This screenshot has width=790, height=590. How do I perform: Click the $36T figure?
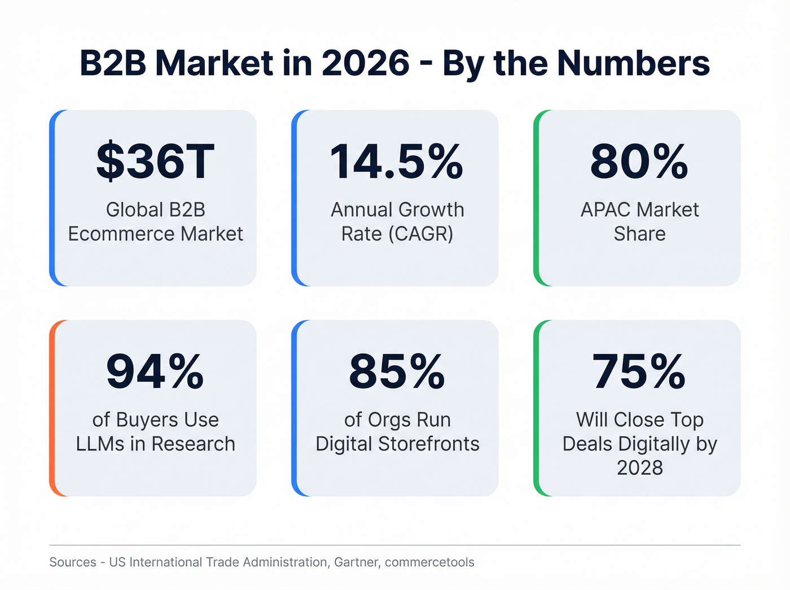point(155,162)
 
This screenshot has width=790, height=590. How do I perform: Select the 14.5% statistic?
point(397,162)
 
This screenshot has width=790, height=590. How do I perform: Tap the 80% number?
point(639,162)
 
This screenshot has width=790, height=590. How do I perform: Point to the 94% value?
point(155,372)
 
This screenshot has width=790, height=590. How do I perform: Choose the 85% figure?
point(397,372)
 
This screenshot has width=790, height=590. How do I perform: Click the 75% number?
point(639,372)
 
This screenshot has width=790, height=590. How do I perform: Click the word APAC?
point(605,209)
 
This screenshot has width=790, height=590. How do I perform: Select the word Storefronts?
point(429,444)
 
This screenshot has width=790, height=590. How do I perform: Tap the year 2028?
point(639,467)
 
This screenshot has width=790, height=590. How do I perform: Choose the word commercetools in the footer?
point(429,562)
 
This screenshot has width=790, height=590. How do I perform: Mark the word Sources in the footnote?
point(73,562)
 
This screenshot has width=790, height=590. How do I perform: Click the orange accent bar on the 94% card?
point(52,408)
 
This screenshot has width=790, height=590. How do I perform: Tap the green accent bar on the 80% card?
point(537,198)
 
